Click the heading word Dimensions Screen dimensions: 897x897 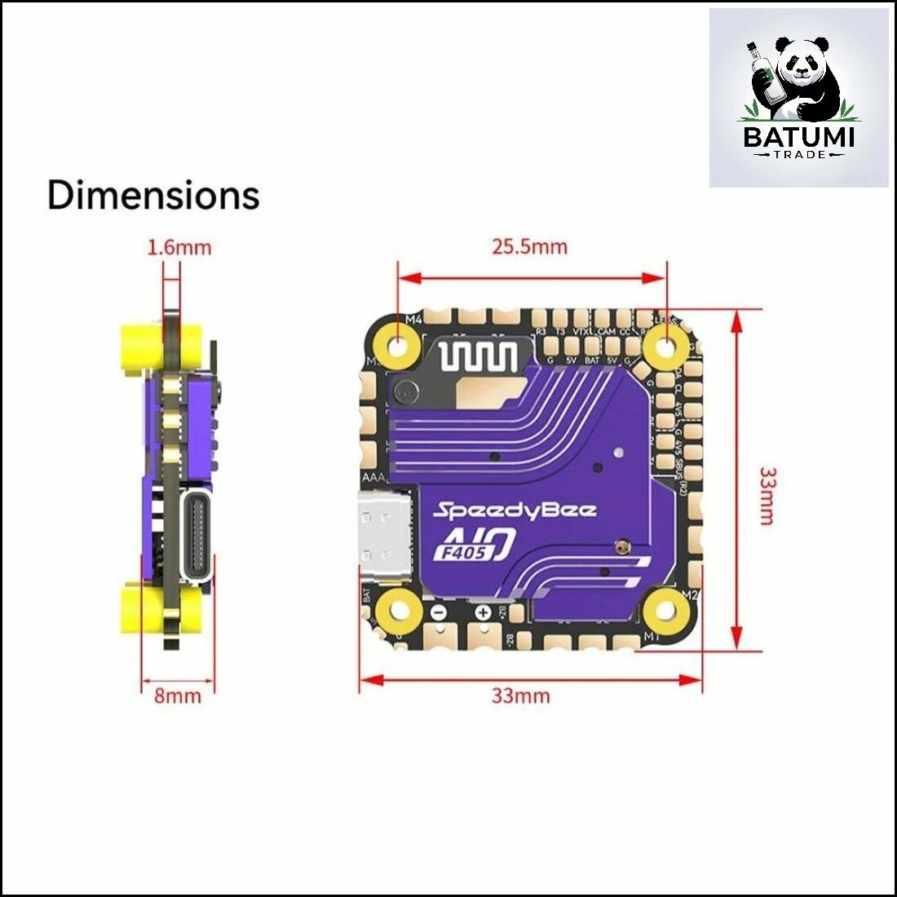click(153, 196)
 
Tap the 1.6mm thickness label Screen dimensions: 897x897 click(179, 246)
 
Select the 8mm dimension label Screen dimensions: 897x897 click(178, 696)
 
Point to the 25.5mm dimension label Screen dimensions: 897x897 click(529, 245)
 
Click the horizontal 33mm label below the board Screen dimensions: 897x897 click(520, 696)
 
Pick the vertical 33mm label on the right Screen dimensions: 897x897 click(767, 495)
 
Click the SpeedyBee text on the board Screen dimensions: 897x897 click(515, 511)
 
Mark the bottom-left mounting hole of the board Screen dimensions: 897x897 click(398, 608)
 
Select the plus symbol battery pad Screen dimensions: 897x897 click(483, 612)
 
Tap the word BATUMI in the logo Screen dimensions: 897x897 click(798, 136)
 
